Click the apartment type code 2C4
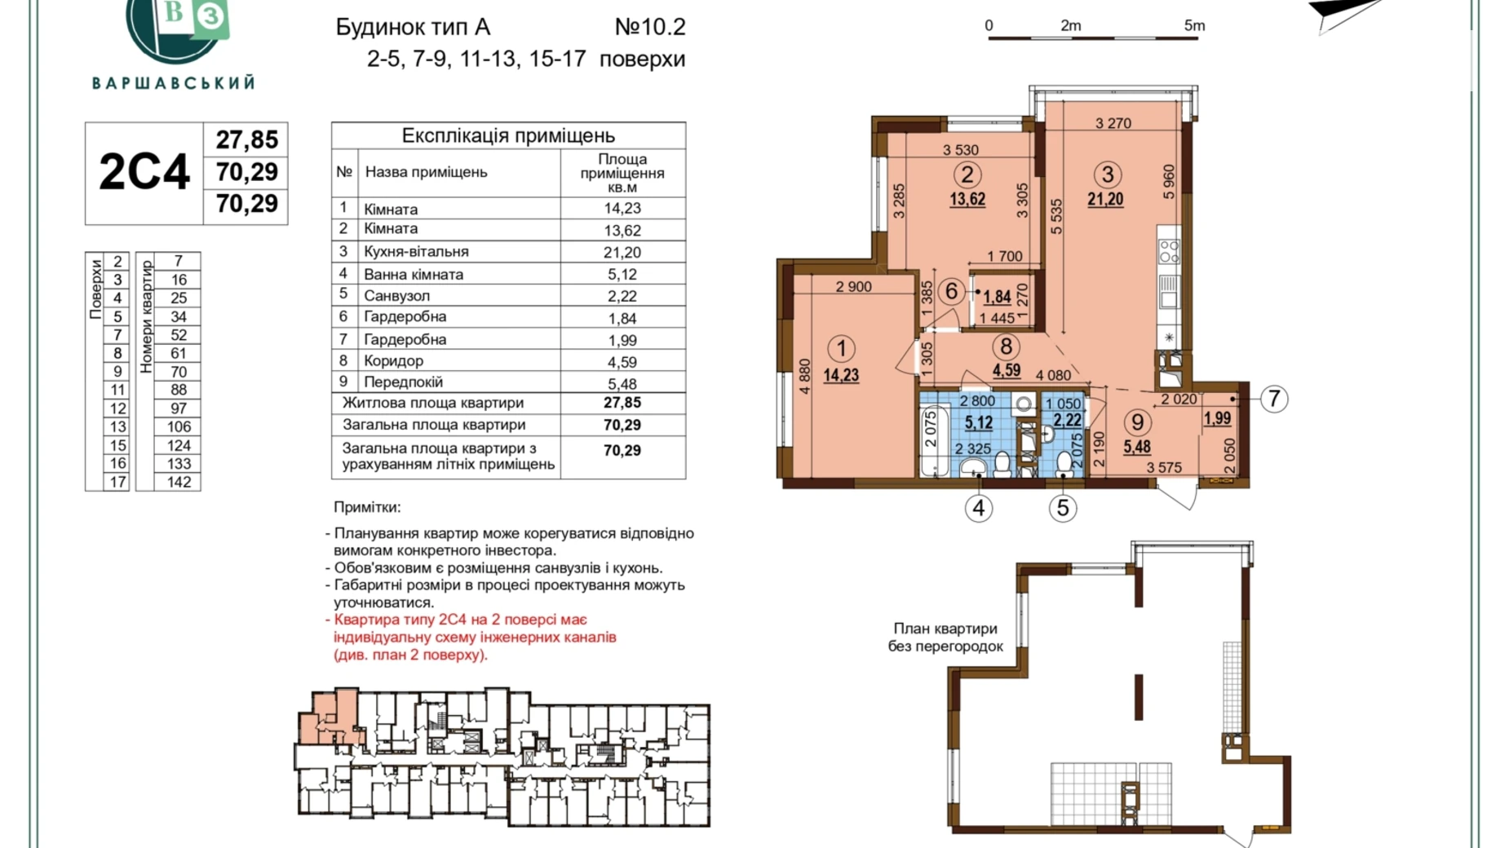coord(144,172)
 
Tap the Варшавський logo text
coord(174,83)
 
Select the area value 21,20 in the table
coord(622,253)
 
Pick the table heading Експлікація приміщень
coord(508,135)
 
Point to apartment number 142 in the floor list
coord(179,482)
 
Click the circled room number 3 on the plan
coord(1107,174)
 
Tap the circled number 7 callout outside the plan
coord(1274,399)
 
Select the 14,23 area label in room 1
coord(841,376)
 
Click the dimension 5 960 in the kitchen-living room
coord(1169,182)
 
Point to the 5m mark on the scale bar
coord(1194,26)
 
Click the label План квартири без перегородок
coord(945,638)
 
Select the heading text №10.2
coord(650,27)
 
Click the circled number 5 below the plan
coord(1062,508)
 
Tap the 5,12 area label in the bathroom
coord(979,422)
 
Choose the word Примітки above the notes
coord(367,507)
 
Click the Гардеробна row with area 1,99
coord(508,339)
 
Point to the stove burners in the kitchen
coord(1169,251)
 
